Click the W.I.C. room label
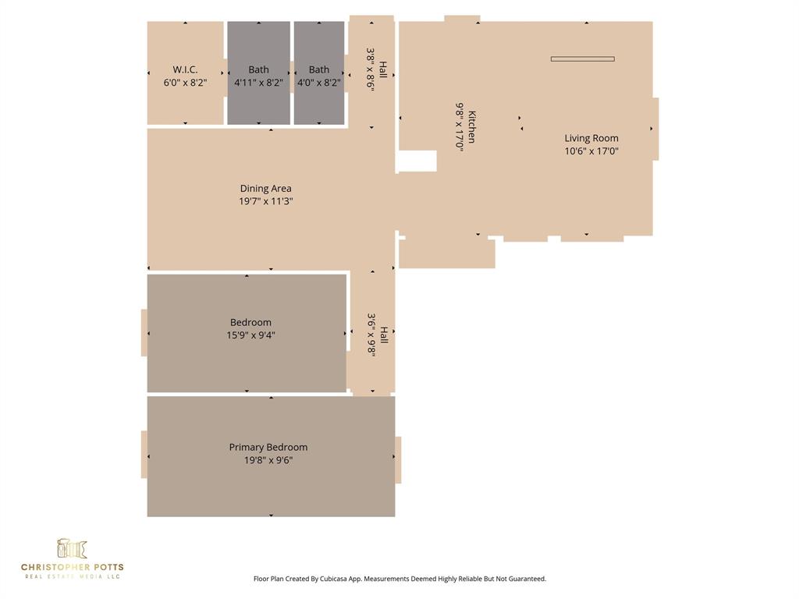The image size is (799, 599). (x=185, y=69)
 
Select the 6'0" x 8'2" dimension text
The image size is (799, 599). (x=185, y=83)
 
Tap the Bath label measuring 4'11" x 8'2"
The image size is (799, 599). (x=258, y=69)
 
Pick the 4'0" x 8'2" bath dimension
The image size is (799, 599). (x=319, y=83)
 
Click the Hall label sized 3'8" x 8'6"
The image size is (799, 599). (x=382, y=70)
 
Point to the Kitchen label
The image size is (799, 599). (x=472, y=126)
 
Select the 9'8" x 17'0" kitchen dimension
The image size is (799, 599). (x=460, y=126)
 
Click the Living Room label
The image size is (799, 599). (x=591, y=138)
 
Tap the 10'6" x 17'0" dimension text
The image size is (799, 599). (x=591, y=151)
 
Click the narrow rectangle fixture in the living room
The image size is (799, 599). (x=582, y=58)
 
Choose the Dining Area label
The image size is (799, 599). (x=265, y=188)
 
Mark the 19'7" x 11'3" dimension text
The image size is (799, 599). (x=265, y=201)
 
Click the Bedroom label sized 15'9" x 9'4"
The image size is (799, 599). (x=250, y=322)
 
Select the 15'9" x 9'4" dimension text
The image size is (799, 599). (x=250, y=335)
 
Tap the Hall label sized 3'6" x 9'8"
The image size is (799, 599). (x=382, y=335)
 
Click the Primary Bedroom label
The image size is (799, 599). (x=268, y=447)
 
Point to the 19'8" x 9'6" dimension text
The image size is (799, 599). (x=268, y=460)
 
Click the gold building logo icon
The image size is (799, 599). (x=72, y=548)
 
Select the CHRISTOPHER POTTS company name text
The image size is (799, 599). (x=72, y=567)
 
